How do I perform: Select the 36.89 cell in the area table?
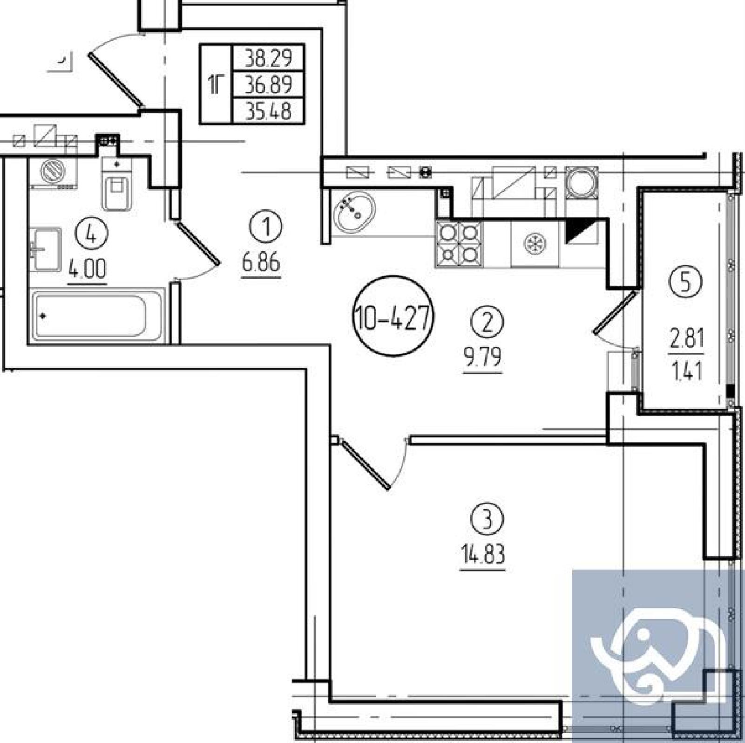[268, 85]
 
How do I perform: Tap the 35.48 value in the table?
[268, 111]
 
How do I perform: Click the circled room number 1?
[266, 227]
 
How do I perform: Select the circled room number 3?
[487, 519]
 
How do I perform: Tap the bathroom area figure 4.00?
[87, 269]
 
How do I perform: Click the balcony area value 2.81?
[687, 338]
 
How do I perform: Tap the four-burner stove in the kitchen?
[459, 244]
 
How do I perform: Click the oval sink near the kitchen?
[355, 213]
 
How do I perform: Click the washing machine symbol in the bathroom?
[52, 172]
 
